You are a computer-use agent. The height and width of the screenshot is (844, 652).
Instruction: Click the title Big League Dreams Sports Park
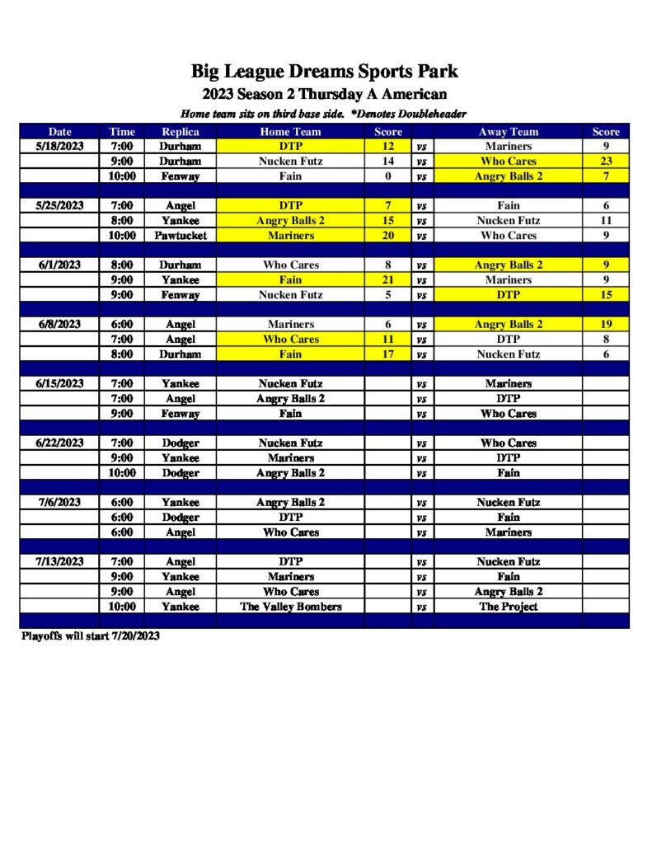[x=325, y=72]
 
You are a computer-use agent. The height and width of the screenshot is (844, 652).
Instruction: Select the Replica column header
[x=180, y=132]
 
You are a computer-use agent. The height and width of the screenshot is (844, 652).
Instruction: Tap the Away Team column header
[x=509, y=132]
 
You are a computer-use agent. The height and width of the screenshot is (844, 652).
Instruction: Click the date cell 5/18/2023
[x=59, y=147]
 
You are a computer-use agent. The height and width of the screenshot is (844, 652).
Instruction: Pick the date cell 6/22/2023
[x=59, y=443]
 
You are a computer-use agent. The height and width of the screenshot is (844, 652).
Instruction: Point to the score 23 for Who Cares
[x=606, y=162]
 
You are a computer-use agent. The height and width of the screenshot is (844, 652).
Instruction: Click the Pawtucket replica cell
[x=180, y=236]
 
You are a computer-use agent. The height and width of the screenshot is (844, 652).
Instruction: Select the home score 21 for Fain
[x=387, y=280]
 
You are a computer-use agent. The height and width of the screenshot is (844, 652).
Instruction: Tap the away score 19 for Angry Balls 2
[x=606, y=325]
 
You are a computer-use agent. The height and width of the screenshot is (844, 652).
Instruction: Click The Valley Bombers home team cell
[x=291, y=607]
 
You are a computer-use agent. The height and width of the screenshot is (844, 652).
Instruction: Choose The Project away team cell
[x=509, y=607]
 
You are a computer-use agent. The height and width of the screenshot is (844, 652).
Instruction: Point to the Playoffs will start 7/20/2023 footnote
[x=90, y=636]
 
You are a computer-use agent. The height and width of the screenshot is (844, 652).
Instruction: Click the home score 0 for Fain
[x=387, y=176]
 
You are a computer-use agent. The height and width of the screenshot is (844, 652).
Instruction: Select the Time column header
[x=122, y=132]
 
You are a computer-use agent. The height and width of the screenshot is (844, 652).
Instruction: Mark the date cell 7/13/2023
[x=59, y=562]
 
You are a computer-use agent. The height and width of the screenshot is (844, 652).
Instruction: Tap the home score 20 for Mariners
[x=387, y=236]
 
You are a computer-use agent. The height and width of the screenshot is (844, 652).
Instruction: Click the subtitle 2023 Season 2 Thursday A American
[x=325, y=94]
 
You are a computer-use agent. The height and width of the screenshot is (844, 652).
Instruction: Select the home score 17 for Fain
[x=387, y=354]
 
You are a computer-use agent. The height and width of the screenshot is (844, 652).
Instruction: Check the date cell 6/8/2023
[x=59, y=325]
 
